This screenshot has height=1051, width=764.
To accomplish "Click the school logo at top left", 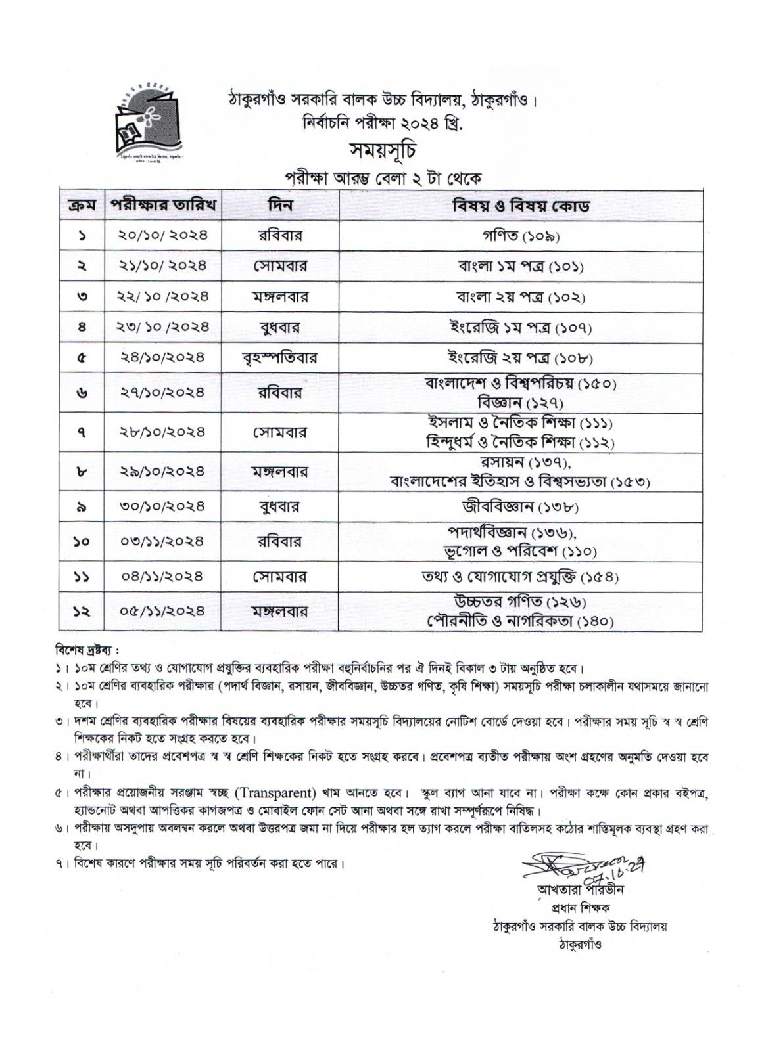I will [x=150, y=122].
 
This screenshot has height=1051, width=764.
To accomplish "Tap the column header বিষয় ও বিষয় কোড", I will [x=520, y=205].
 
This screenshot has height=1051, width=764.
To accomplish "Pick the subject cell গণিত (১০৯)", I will [x=520, y=236].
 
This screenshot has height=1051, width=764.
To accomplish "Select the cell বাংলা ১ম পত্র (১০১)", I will [x=520, y=266].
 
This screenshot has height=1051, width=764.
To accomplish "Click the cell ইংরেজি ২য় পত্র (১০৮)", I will [x=520, y=358].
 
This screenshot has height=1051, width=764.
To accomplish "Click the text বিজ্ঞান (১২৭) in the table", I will [x=520, y=402].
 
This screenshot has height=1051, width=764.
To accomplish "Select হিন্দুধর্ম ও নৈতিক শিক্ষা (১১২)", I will [x=520, y=441].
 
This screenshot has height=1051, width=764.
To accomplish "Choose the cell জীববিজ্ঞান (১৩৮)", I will [x=520, y=507].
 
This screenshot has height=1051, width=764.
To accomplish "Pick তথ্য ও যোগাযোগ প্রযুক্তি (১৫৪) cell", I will [x=520, y=577].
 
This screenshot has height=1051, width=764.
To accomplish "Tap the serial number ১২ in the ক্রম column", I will [x=82, y=612].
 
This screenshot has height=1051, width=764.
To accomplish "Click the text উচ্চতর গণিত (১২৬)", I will [x=520, y=602].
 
